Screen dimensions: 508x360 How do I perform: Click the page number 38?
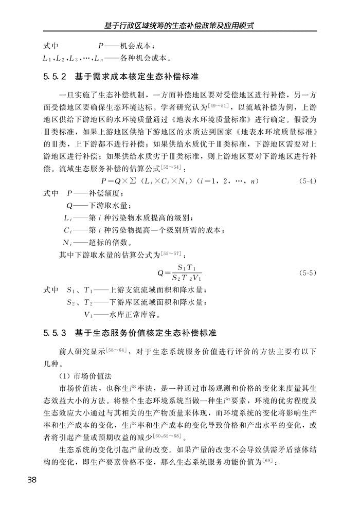(31, 480)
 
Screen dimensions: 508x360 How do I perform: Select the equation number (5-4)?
(307, 182)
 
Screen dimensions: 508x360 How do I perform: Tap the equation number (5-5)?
(307, 273)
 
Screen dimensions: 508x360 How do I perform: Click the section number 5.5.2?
(54, 77)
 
